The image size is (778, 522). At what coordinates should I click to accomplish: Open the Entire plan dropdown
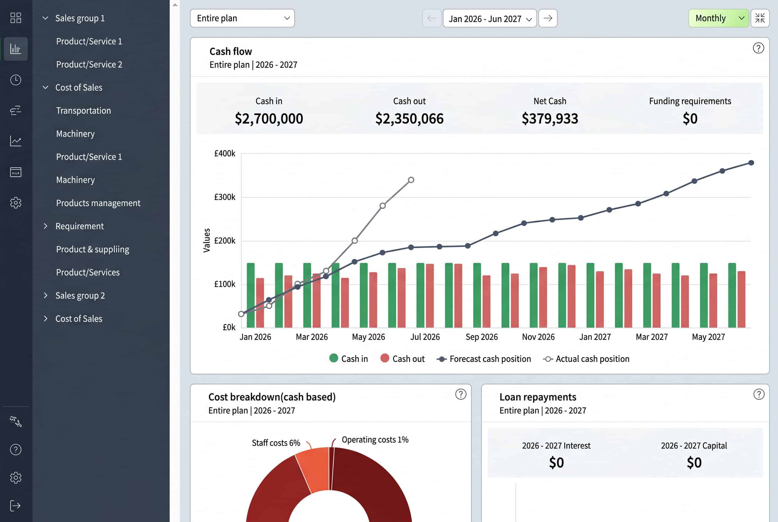(x=242, y=18)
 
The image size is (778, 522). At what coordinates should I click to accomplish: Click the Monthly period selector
(x=718, y=18)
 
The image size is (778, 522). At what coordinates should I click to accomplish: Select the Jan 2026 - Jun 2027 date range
(x=489, y=18)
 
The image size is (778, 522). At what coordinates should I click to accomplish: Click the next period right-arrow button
(x=547, y=18)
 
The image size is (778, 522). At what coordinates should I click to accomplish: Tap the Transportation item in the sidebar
(x=83, y=110)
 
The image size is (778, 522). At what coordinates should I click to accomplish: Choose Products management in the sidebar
(x=98, y=203)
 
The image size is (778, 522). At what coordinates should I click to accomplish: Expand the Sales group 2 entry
(x=80, y=295)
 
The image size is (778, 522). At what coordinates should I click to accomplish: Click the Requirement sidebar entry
(x=80, y=226)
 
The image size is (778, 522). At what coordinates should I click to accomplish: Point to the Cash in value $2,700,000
(x=269, y=118)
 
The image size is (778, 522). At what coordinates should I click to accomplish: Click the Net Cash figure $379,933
(x=550, y=118)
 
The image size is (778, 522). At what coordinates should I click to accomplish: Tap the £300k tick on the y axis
(x=224, y=197)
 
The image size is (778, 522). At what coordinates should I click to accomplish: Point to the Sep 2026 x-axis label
(x=481, y=337)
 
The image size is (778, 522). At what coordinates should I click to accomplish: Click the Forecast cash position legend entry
(x=484, y=359)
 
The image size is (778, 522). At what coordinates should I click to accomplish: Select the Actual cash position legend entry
(x=586, y=359)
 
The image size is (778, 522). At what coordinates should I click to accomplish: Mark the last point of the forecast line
(x=751, y=163)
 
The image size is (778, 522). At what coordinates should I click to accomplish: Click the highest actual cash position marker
(x=411, y=180)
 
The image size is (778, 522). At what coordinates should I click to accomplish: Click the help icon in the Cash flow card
(x=758, y=48)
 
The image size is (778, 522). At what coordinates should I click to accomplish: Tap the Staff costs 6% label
(x=276, y=443)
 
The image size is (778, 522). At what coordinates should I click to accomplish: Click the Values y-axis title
(x=207, y=240)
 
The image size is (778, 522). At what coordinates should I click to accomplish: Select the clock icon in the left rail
(x=16, y=80)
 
